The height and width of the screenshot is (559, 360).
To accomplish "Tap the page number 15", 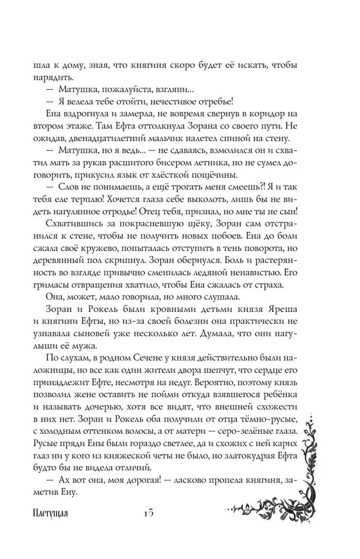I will coord(148,513).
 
